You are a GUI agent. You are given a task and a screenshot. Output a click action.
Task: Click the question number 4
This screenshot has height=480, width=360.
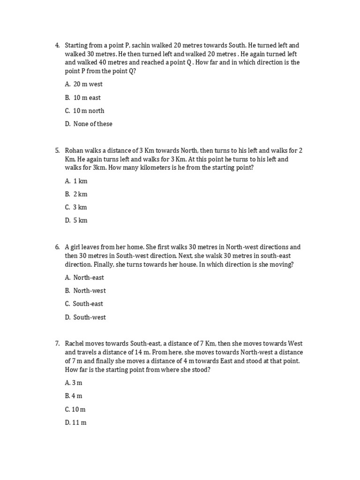pyautogui.click(x=57, y=45)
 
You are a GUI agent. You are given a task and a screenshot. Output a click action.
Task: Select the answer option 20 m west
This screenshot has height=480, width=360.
pyautogui.click(x=88, y=84)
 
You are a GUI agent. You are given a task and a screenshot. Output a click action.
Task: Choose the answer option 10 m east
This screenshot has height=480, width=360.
pyautogui.click(x=87, y=97)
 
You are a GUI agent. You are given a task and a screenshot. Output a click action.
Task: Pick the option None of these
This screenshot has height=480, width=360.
pyautogui.click(x=93, y=124)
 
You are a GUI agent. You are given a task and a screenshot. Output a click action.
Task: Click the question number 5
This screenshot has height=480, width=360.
pyautogui.click(x=57, y=150)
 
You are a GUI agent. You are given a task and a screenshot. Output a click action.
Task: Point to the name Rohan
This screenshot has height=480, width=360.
pyautogui.click(x=75, y=150)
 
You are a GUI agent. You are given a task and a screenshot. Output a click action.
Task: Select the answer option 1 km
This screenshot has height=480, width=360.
pyautogui.click(x=80, y=181)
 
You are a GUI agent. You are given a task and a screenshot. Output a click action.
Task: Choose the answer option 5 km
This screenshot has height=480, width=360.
pyautogui.click(x=80, y=220)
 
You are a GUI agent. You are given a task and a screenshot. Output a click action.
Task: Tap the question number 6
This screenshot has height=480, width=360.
pyautogui.click(x=57, y=247)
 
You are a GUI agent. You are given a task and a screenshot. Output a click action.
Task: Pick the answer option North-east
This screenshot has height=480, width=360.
pyautogui.click(x=89, y=277)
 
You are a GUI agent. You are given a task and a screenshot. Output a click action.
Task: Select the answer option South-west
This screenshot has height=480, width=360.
pyautogui.click(x=89, y=317)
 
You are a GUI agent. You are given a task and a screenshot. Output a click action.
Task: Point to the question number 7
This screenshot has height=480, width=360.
pyautogui.click(x=57, y=344)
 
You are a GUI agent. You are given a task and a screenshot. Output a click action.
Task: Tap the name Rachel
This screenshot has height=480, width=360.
pyautogui.click(x=75, y=344)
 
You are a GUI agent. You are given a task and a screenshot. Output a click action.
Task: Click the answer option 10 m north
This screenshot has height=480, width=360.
pyautogui.click(x=89, y=111)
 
